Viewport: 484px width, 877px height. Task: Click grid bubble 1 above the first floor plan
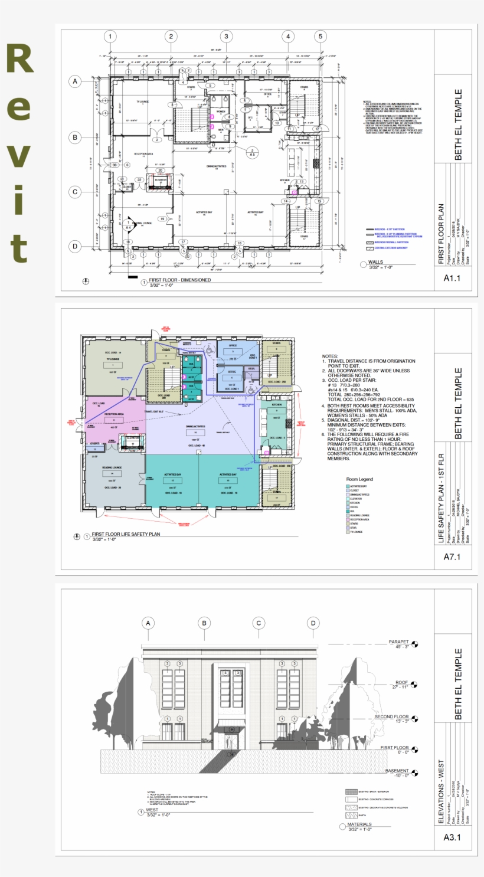(x=110, y=37)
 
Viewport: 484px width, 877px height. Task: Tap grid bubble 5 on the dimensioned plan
(x=321, y=37)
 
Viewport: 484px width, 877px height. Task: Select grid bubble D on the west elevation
(x=313, y=623)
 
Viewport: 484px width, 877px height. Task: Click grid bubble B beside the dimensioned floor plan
(x=75, y=138)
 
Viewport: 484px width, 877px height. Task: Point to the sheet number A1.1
(x=451, y=279)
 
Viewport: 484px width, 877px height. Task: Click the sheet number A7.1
(x=451, y=557)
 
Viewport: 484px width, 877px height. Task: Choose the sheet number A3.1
(x=451, y=837)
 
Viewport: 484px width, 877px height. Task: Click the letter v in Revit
(x=19, y=155)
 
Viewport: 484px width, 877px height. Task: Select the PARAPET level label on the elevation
(x=398, y=642)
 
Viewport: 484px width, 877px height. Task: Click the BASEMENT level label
(x=397, y=771)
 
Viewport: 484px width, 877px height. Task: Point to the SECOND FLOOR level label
(x=391, y=717)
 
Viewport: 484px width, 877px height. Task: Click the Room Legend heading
(x=359, y=479)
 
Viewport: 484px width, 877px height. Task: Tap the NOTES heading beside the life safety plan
(x=330, y=356)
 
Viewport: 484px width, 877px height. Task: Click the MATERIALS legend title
(x=359, y=824)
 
